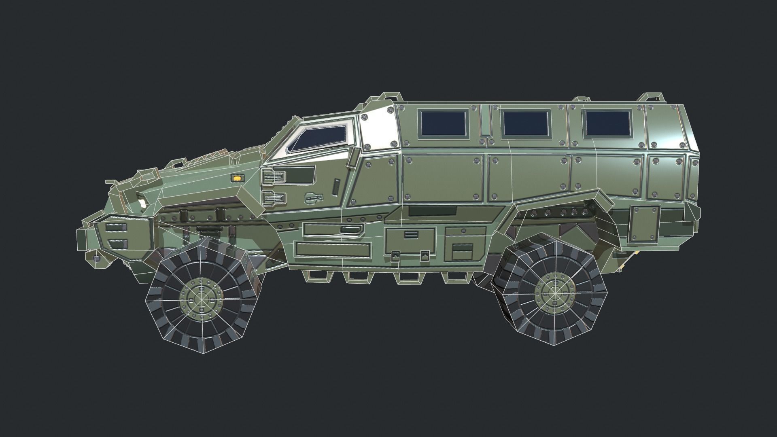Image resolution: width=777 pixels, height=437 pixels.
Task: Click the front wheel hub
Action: pyautogui.click(x=201, y=299)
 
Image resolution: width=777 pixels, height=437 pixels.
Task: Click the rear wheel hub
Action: pyautogui.click(x=552, y=291)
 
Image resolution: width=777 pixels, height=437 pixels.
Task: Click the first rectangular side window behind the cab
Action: pyautogui.click(x=443, y=123)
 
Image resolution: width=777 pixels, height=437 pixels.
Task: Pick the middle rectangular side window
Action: pyautogui.click(x=526, y=123)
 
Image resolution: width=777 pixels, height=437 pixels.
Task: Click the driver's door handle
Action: pyautogui.click(x=314, y=197)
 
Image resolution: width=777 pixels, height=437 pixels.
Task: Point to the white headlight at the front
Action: pyautogui.click(x=142, y=203)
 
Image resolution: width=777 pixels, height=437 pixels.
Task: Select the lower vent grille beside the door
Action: pyautogui.click(x=274, y=197)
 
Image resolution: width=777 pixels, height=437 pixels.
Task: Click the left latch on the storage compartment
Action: pyautogui.click(x=395, y=255)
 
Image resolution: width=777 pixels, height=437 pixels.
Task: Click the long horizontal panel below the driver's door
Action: pyautogui.click(x=334, y=249)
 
